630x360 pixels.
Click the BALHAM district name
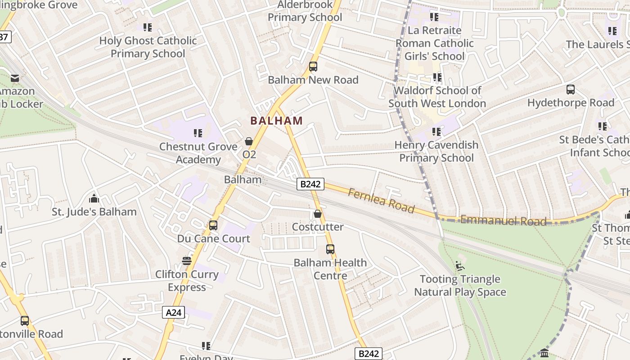click(276, 121)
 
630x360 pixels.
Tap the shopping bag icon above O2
click(248, 141)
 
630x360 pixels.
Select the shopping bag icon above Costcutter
click(318, 214)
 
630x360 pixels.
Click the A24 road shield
click(173, 312)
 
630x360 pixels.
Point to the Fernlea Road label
click(381, 200)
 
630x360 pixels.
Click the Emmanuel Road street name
click(504, 220)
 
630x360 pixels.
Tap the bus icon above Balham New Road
click(313, 67)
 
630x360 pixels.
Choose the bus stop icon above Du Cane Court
click(213, 225)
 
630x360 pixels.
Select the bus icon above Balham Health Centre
click(330, 249)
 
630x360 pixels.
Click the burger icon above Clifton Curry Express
click(187, 261)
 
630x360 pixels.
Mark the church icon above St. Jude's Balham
click(94, 198)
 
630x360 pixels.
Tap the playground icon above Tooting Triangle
click(460, 266)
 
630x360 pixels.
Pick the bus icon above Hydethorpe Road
click(571, 90)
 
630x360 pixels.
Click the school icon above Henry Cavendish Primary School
click(436, 132)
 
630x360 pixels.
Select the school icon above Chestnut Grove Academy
click(198, 133)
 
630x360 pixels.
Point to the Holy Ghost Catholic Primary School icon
click(148, 27)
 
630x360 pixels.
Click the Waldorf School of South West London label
click(437, 97)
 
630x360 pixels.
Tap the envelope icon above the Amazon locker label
click(15, 78)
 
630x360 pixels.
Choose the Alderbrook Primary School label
click(305, 11)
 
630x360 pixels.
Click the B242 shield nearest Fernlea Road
click(310, 184)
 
